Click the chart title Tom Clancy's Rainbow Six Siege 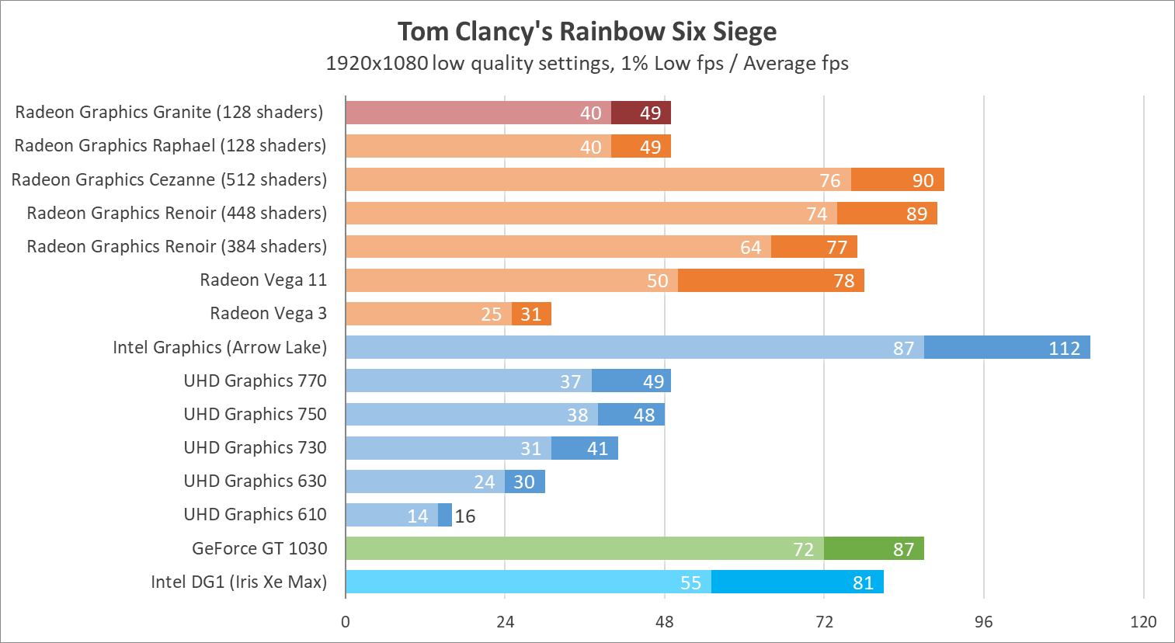click(587, 32)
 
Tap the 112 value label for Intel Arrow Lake click(1064, 349)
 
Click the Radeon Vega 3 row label click(268, 314)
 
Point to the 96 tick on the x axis click(983, 621)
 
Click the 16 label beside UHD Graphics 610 click(465, 516)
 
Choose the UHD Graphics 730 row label click(255, 448)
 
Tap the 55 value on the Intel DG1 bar click(690, 583)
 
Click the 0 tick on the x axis click(346, 621)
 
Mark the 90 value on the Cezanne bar click(923, 181)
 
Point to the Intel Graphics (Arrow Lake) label click(220, 348)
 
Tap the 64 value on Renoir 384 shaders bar click(750, 248)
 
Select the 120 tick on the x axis click(1143, 621)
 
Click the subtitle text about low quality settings click(587, 64)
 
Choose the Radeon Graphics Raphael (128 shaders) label click(170, 146)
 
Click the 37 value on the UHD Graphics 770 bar click(570, 382)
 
